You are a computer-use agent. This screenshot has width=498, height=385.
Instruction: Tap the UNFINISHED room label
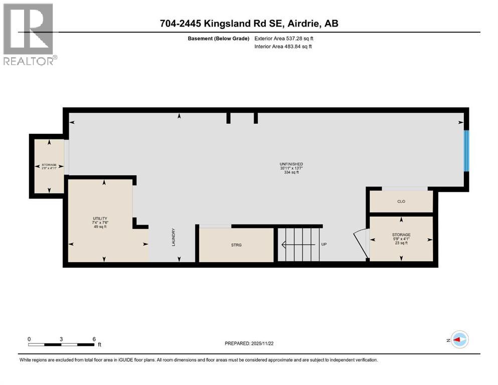coord(291,164)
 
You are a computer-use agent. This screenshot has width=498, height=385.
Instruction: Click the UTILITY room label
coord(100,219)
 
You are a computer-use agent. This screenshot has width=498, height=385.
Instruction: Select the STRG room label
coord(236,245)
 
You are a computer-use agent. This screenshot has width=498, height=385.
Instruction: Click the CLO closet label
coord(401,202)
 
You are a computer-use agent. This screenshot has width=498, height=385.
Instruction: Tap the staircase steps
coord(300,245)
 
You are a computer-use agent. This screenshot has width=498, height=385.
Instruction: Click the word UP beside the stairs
coord(324,245)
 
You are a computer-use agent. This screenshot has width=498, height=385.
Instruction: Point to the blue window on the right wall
coord(466,150)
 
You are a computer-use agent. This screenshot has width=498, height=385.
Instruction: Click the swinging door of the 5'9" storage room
coord(361,240)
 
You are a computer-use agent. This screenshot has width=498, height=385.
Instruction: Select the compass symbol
coord(459,340)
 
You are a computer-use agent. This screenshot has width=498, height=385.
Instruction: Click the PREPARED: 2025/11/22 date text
coord(249,343)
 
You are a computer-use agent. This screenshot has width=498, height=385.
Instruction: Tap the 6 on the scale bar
coord(94,339)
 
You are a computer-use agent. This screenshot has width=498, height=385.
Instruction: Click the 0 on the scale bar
coord(29,339)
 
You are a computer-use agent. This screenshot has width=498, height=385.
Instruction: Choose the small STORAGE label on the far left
coord(49,164)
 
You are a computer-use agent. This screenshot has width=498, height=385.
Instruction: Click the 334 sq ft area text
coord(291,172)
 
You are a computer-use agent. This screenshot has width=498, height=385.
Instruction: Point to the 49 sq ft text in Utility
coord(100,227)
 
